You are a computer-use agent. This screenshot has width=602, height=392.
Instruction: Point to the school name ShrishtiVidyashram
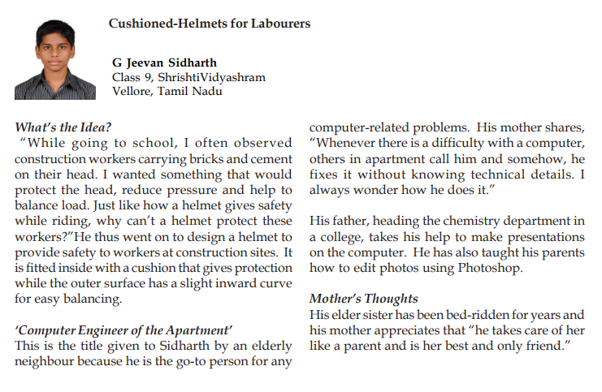coord(212,77)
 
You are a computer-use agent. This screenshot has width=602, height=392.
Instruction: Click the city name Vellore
coord(132,91)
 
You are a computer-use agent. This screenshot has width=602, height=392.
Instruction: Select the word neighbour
coord(48,360)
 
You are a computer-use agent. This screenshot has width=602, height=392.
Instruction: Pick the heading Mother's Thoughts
coord(363,299)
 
